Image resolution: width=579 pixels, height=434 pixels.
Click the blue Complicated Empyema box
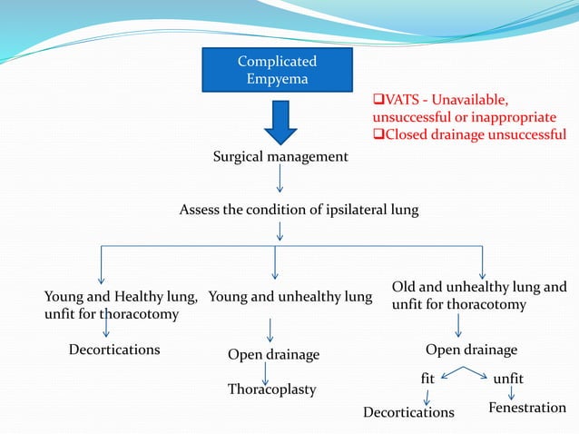[277, 70]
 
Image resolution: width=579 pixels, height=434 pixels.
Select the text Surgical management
[280, 157]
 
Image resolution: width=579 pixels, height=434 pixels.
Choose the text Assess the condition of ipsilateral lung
[299, 211]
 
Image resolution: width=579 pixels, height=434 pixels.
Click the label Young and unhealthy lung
[289, 296]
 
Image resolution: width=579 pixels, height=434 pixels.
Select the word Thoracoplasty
[271, 390]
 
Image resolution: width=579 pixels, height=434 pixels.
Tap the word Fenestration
[527, 408]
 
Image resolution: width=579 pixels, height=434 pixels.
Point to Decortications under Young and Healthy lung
[114, 350]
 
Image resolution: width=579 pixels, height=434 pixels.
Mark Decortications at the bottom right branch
[408, 412]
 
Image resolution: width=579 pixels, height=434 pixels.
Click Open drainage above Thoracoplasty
[274, 354]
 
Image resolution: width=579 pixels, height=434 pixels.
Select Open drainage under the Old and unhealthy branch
[471, 350]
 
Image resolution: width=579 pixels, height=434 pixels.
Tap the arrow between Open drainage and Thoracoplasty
[265, 372]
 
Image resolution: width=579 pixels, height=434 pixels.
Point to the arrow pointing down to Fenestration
[512, 393]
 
